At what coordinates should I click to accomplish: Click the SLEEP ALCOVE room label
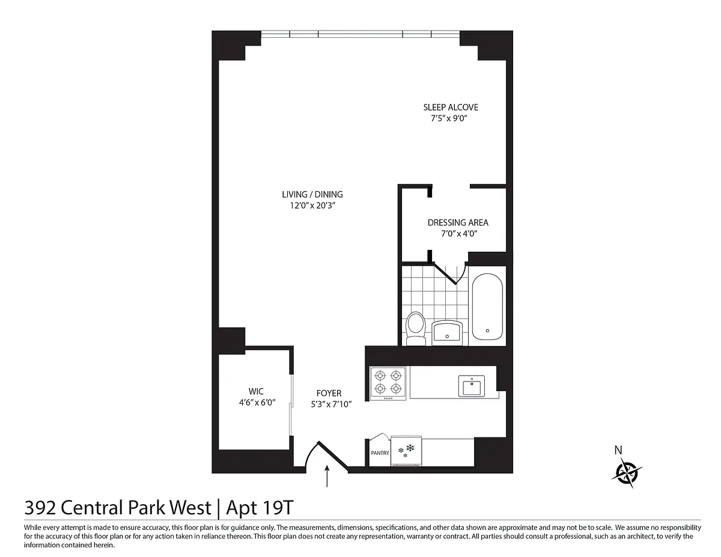(x=450, y=107)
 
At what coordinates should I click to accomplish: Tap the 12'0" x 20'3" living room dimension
(x=312, y=205)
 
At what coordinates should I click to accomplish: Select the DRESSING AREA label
(x=458, y=222)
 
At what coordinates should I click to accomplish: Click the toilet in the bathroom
(x=416, y=328)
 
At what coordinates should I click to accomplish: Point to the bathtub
(x=487, y=306)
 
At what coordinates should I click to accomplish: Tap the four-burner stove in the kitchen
(x=388, y=383)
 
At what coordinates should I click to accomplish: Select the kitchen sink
(x=471, y=386)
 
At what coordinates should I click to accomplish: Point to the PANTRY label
(x=380, y=453)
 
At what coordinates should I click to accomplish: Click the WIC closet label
(x=256, y=391)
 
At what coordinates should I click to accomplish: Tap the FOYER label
(x=329, y=393)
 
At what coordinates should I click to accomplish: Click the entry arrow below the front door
(x=327, y=476)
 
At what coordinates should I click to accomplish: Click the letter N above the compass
(x=618, y=450)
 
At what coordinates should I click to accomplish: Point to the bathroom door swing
(x=450, y=273)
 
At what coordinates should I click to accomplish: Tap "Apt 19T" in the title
(x=260, y=508)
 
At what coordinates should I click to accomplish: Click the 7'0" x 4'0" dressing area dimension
(x=459, y=234)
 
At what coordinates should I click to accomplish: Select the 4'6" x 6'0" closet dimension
(x=257, y=403)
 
